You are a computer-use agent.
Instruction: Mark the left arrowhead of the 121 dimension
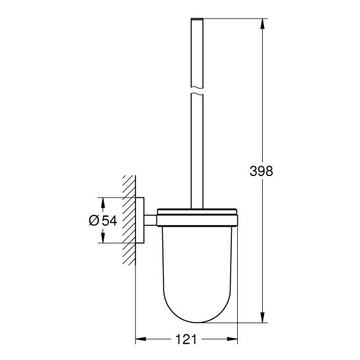(x=140, y=340)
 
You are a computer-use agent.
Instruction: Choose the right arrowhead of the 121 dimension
(x=233, y=340)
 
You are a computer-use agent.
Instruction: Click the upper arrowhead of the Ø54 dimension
(x=103, y=200)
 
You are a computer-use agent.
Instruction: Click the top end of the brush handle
(x=198, y=20)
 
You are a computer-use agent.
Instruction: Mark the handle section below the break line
(x=198, y=151)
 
